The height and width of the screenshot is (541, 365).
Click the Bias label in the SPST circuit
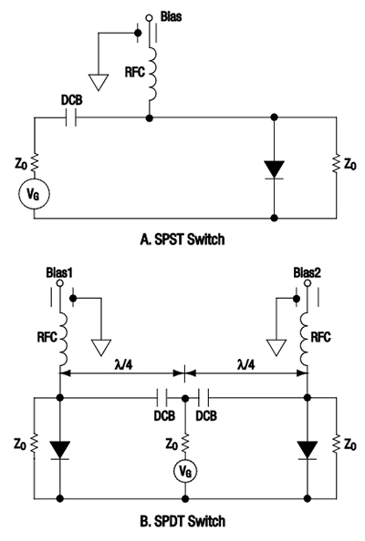(x=172, y=16)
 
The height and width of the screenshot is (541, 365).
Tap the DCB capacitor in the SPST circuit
(x=78, y=117)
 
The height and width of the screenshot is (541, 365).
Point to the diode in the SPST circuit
(x=276, y=168)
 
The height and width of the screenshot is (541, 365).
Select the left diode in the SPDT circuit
(x=60, y=448)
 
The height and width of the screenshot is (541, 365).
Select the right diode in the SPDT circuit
(x=308, y=448)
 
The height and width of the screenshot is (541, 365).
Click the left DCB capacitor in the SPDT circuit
(x=163, y=397)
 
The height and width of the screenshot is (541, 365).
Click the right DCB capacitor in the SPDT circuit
(x=208, y=397)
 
